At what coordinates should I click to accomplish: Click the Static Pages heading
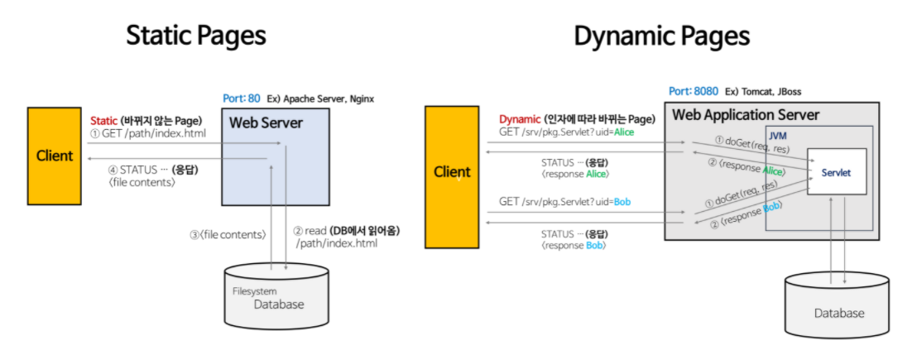pos(196,36)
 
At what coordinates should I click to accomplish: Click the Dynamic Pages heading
pos(661,36)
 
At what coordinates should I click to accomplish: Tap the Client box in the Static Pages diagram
pos(55,156)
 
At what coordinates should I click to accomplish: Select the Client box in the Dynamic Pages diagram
pos(452,177)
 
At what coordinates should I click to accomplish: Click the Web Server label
pos(266,123)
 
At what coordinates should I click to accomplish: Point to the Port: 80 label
pos(241,98)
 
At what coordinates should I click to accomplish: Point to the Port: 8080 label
pos(694,92)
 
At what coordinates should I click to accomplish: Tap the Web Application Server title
pos(746,114)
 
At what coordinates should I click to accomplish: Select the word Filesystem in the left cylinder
pos(254,291)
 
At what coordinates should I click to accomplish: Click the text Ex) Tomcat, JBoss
pos(763,92)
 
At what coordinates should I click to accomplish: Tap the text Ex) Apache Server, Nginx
pos(320,98)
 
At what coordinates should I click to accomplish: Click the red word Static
pos(104,121)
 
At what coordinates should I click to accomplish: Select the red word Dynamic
pos(518,119)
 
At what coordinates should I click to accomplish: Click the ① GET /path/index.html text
pos(148,132)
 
